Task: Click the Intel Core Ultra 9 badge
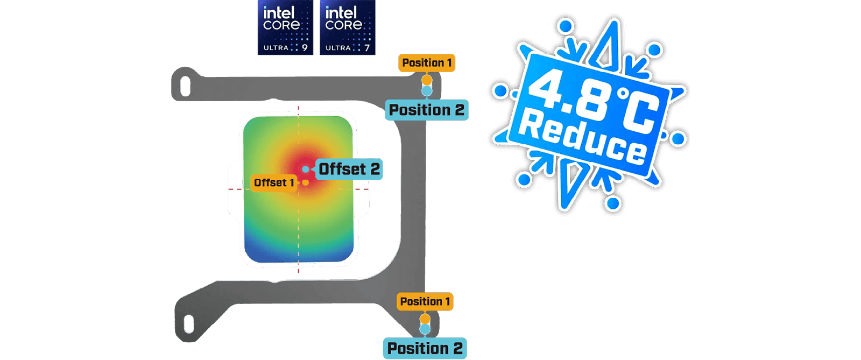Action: pos(285,27)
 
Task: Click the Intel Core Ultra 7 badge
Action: pos(348,27)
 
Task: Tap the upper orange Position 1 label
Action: pos(427,62)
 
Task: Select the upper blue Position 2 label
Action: pos(427,110)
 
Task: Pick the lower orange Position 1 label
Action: pos(425,301)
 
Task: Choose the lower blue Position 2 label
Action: pos(425,348)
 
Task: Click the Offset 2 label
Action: pos(349,169)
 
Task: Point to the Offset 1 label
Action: pos(274,183)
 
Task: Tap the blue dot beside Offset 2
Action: pos(306,169)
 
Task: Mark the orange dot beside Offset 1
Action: pos(306,183)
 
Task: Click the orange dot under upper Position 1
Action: pos(427,80)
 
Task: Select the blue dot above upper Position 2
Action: pos(427,91)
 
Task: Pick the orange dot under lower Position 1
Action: pos(425,319)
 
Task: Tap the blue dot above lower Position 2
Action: pos(425,329)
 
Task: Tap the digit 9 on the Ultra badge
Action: pos(305,48)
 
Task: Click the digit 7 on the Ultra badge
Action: pos(367,48)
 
